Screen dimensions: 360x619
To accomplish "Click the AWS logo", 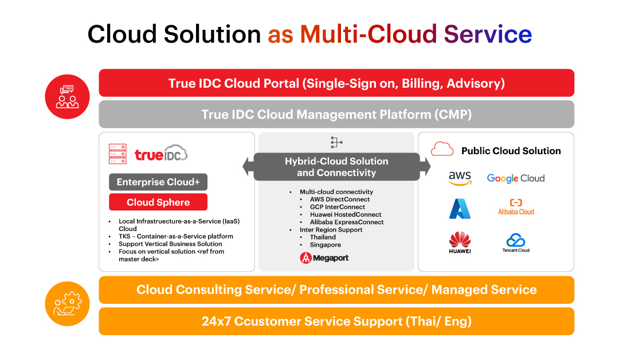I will [x=460, y=178].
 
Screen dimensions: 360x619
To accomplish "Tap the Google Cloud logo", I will [x=515, y=178].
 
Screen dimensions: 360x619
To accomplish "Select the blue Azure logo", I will [x=460, y=209].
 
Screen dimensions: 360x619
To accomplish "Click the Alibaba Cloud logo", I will [x=515, y=207].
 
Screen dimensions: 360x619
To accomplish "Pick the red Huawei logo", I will [x=460, y=242].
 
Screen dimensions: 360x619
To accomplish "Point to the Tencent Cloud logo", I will [x=515, y=242].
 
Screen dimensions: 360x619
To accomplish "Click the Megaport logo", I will [x=324, y=258].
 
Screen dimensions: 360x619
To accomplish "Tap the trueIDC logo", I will [x=161, y=154].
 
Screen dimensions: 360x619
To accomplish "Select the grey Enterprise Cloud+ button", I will [x=158, y=182].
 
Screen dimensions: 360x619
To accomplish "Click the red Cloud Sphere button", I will [x=158, y=202].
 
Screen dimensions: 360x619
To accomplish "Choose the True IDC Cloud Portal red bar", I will [x=336, y=83].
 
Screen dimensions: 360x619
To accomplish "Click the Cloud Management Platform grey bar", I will [x=336, y=114].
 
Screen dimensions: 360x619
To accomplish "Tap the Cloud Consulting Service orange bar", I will [x=336, y=289].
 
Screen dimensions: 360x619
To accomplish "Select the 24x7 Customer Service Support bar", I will [x=336, y=321].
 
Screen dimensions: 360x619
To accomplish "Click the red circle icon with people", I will [x=67, y=96].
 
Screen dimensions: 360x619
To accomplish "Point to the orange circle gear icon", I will [x=67, y=304].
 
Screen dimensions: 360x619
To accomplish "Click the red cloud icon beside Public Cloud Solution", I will [x=442, y=150].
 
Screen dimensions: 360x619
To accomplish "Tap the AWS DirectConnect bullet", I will [x=340, y=199].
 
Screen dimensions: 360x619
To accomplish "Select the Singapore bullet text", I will [x=326, y=245].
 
